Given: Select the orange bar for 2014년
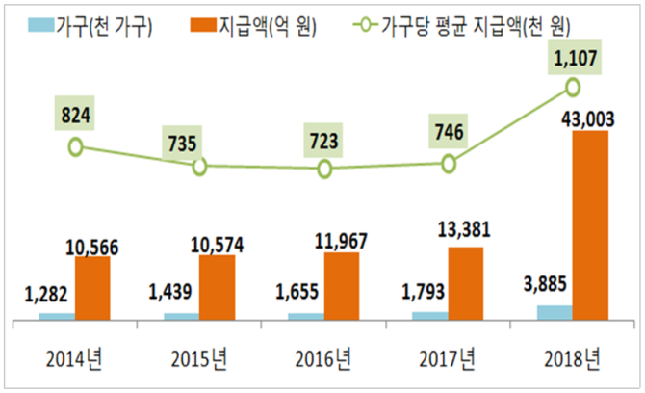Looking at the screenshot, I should pyautogui.click(x=91, y=288).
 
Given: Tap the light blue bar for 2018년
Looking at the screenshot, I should pyautogui.click(x=554, y=312).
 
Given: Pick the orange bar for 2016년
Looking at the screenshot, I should pyautogui.click(x=341, y=286).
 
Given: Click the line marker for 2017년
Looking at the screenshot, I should pyautogui.click(x=448, y=164).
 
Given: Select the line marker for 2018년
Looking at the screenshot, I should pyautogui.click(x=572, y=88).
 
